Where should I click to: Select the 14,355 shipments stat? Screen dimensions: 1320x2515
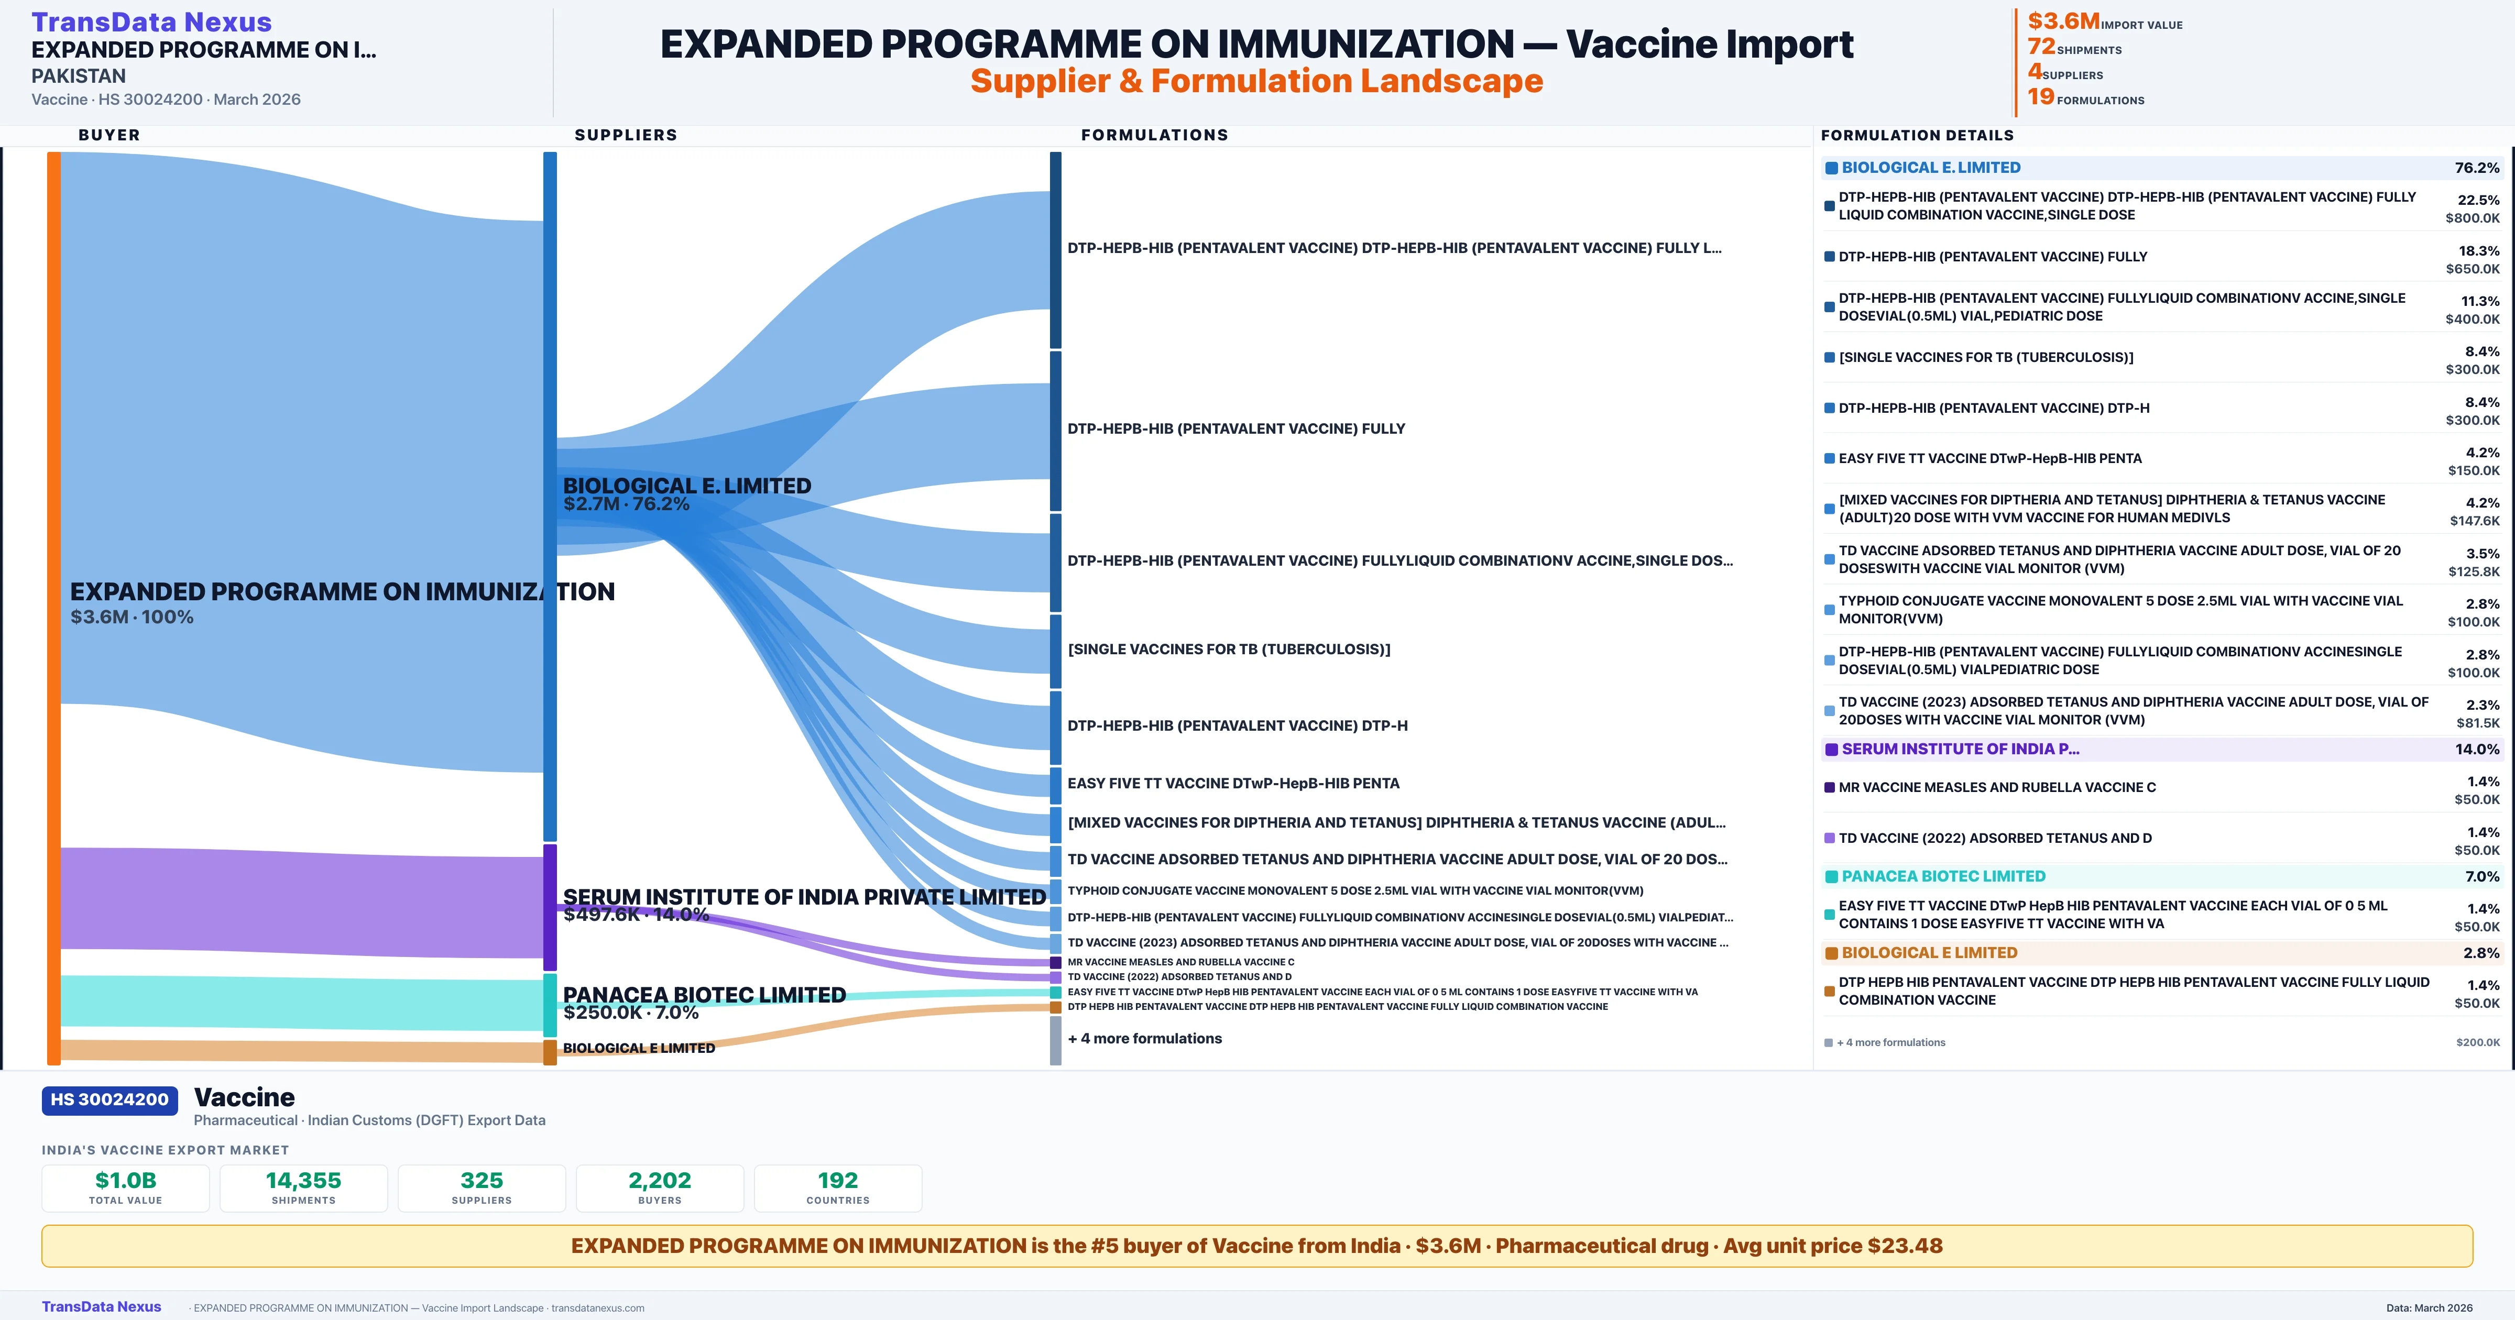coord(304,1180)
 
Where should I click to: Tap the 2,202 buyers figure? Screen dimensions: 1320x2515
coord(660,1180)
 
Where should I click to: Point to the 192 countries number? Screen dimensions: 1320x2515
coord(838,1180)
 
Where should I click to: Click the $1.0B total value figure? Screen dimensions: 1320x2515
coord(126,1180)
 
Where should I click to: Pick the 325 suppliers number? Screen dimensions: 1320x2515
coord(482,1180)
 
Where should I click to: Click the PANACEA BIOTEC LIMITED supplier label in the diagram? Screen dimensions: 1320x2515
coord(704,995)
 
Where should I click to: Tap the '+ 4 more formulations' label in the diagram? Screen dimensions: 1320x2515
coord(1144,1039)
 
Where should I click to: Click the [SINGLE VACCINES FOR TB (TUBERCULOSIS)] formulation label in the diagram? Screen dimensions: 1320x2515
coord(1228,649)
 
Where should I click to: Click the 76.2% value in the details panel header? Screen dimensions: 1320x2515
coord(2477,168)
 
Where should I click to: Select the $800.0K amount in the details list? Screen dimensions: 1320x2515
coord(2472,218)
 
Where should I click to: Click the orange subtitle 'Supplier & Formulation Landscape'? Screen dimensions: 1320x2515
coord(1256,81)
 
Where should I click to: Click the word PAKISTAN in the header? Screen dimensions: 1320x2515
coord(78,76)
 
